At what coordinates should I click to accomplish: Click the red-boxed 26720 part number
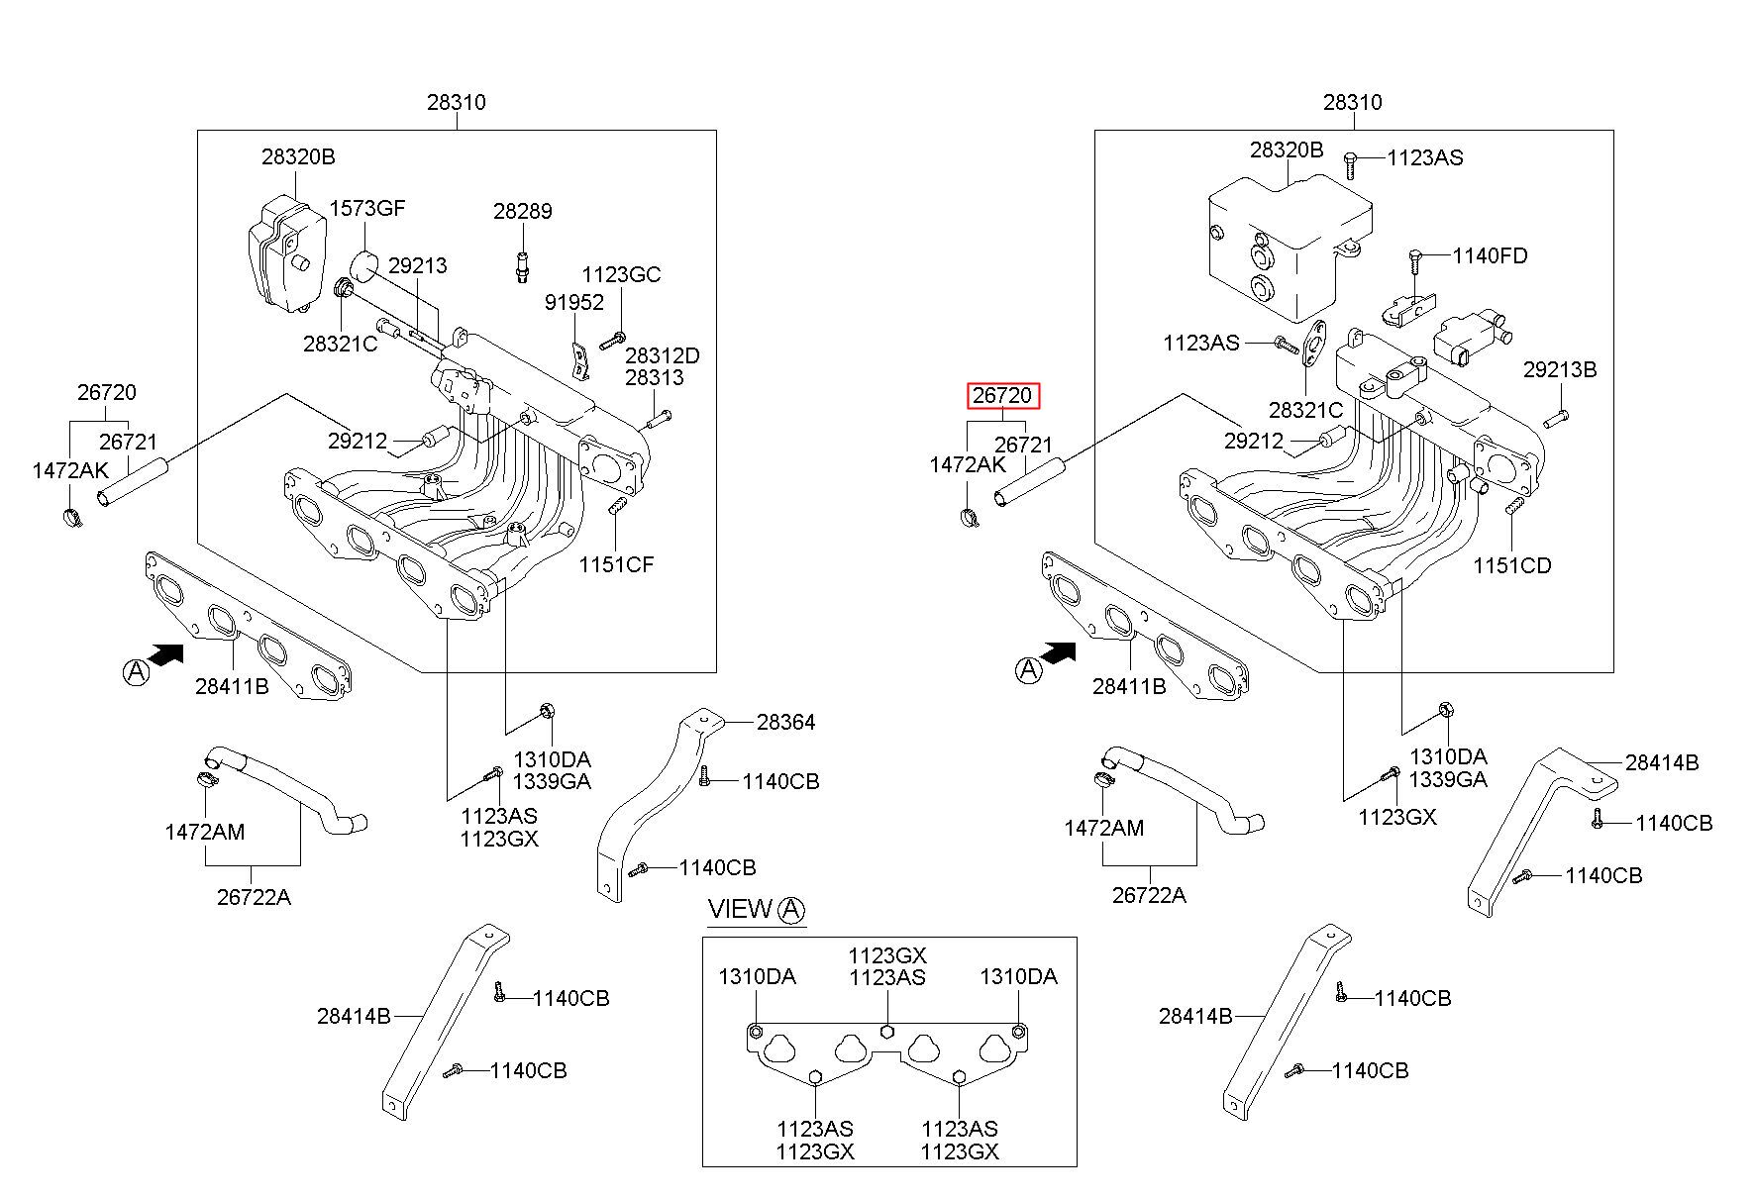(1002, 396)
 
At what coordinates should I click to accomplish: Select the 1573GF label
(366, 208)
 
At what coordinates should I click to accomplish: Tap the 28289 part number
(523, 211)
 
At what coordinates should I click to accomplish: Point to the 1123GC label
(621, 274)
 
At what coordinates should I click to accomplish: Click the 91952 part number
(574, 302)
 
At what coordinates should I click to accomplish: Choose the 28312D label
(662, 355)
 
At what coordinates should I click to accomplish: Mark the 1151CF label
(617, 564)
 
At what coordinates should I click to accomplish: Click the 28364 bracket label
(785, 723)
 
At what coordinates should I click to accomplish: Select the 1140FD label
(1490, 255)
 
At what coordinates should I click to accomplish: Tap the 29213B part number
(1560, 369)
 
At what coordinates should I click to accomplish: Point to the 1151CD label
(1511, 565)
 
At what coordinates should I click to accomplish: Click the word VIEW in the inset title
(740, 909)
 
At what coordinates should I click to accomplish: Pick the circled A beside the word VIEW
(791, 910)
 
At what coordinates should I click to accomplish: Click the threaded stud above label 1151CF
(616, 507)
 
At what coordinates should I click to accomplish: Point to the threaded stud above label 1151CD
(1512, 508)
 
